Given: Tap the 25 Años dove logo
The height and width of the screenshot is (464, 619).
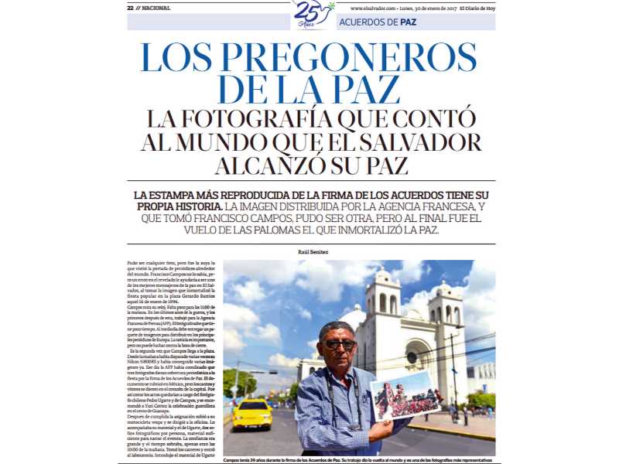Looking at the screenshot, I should click(313, 13).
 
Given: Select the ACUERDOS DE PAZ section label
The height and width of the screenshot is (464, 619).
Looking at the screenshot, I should click(378, 22).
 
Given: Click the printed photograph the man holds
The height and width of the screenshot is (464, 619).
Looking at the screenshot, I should click(406, 395).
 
